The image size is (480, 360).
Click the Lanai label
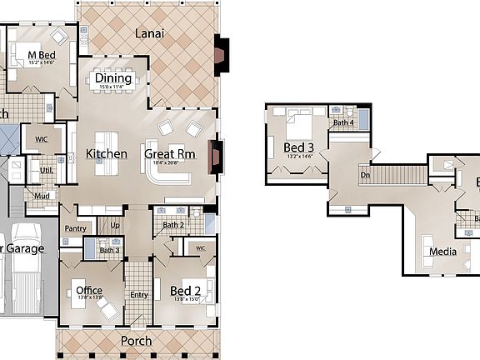[149, 34]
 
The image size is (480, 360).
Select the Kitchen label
[107, 153]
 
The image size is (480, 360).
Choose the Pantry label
[75, 227]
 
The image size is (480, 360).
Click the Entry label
[137, 294]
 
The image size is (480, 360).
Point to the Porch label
[137, 341]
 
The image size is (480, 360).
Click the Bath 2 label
[173, 225]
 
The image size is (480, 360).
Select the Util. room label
[47, 171]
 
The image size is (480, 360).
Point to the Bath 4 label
[343, 123]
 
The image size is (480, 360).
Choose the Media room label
[442, 252]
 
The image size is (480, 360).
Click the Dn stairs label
[364, 176]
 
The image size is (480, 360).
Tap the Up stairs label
[114, 226]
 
